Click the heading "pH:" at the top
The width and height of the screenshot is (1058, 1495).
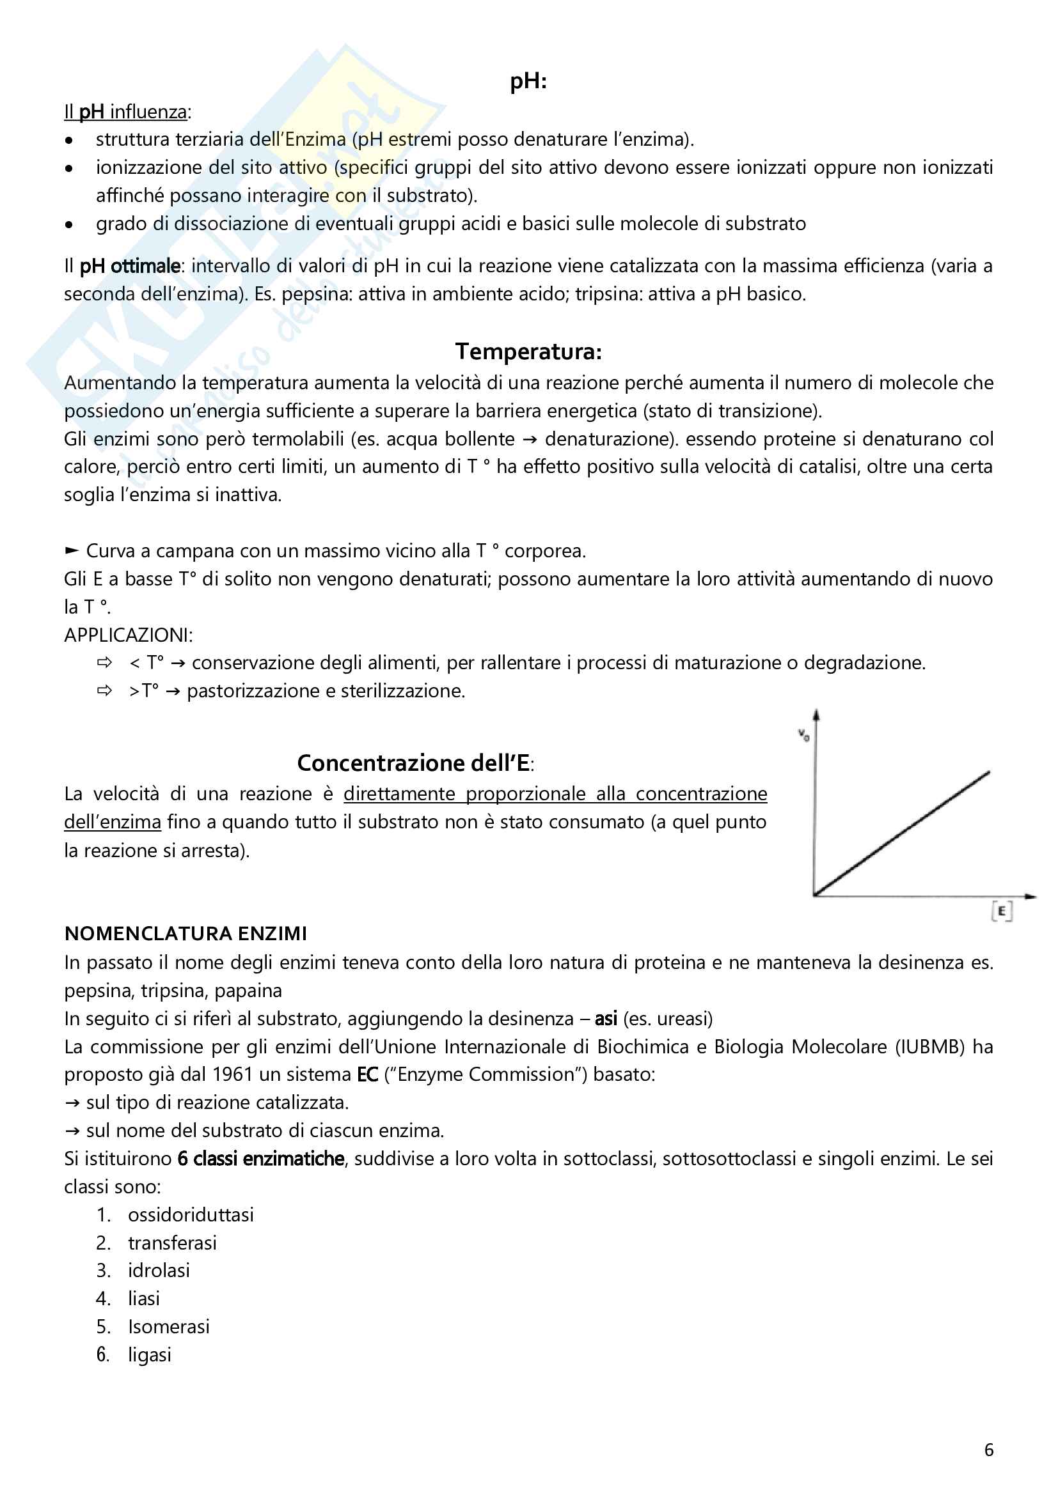point(528,81)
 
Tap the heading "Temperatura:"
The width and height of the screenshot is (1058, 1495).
point(528,352)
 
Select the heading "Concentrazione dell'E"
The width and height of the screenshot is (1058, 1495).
point(414,763)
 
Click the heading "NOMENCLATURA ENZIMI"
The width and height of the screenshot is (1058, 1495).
point(186,934)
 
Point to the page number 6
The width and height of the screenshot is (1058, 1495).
point(988,1450)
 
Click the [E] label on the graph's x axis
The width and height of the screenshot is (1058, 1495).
point(1001,911)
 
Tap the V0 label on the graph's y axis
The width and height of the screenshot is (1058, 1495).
point(804,736)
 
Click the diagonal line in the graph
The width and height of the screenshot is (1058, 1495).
point(903,833)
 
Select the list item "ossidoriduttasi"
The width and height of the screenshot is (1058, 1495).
point(191,1215)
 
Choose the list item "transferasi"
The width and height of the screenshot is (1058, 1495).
point(172,1243)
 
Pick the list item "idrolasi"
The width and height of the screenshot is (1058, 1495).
point(159,1271)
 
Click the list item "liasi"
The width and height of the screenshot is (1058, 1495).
point(144,1298)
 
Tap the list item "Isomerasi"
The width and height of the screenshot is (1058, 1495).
point(169,1326)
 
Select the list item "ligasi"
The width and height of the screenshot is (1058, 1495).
point(149,1355)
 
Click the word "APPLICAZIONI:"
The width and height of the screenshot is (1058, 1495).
point(129,635)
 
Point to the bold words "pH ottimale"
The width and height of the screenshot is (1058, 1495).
point(130,267)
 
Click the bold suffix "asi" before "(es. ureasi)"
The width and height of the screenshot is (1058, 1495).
point(606,1018)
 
